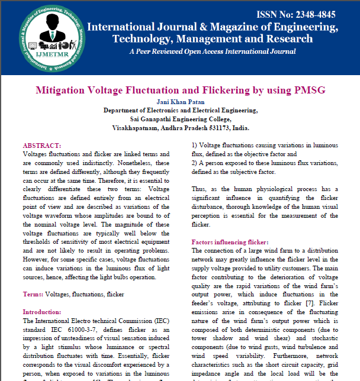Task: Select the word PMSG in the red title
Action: click(x=306, y=91)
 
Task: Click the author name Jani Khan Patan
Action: click(x=180, y=102)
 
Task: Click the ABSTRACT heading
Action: click(x=41, y=145)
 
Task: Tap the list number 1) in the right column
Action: click(x=195, y=145)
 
